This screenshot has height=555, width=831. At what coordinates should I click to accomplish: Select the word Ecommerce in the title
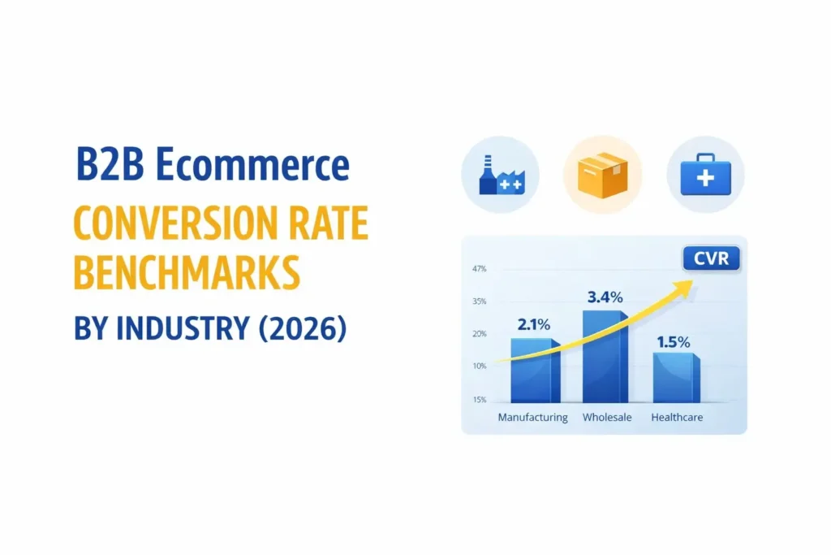pyautogui.click(x=252, y=166)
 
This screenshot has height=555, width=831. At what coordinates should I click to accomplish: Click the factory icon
pyautogui.click(x=500, y=176)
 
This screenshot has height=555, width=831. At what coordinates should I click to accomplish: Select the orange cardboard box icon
pyautogui.click(x=602, y=175)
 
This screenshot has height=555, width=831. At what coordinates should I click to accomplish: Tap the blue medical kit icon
pyautogui.click(x=705, y=175)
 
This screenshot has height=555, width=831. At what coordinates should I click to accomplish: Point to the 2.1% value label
pyautogui.click(x=534, y=324)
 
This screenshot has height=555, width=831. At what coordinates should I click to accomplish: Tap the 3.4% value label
pyautogui.click(x=605, y=297)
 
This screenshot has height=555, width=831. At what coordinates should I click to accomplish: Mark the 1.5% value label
pyautogui.click(x=674, y=342)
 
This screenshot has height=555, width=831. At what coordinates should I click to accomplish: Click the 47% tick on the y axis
pyautogui.click(x=479, y=269)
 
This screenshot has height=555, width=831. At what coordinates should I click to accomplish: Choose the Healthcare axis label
pyautogui.click(x=677, y=418)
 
